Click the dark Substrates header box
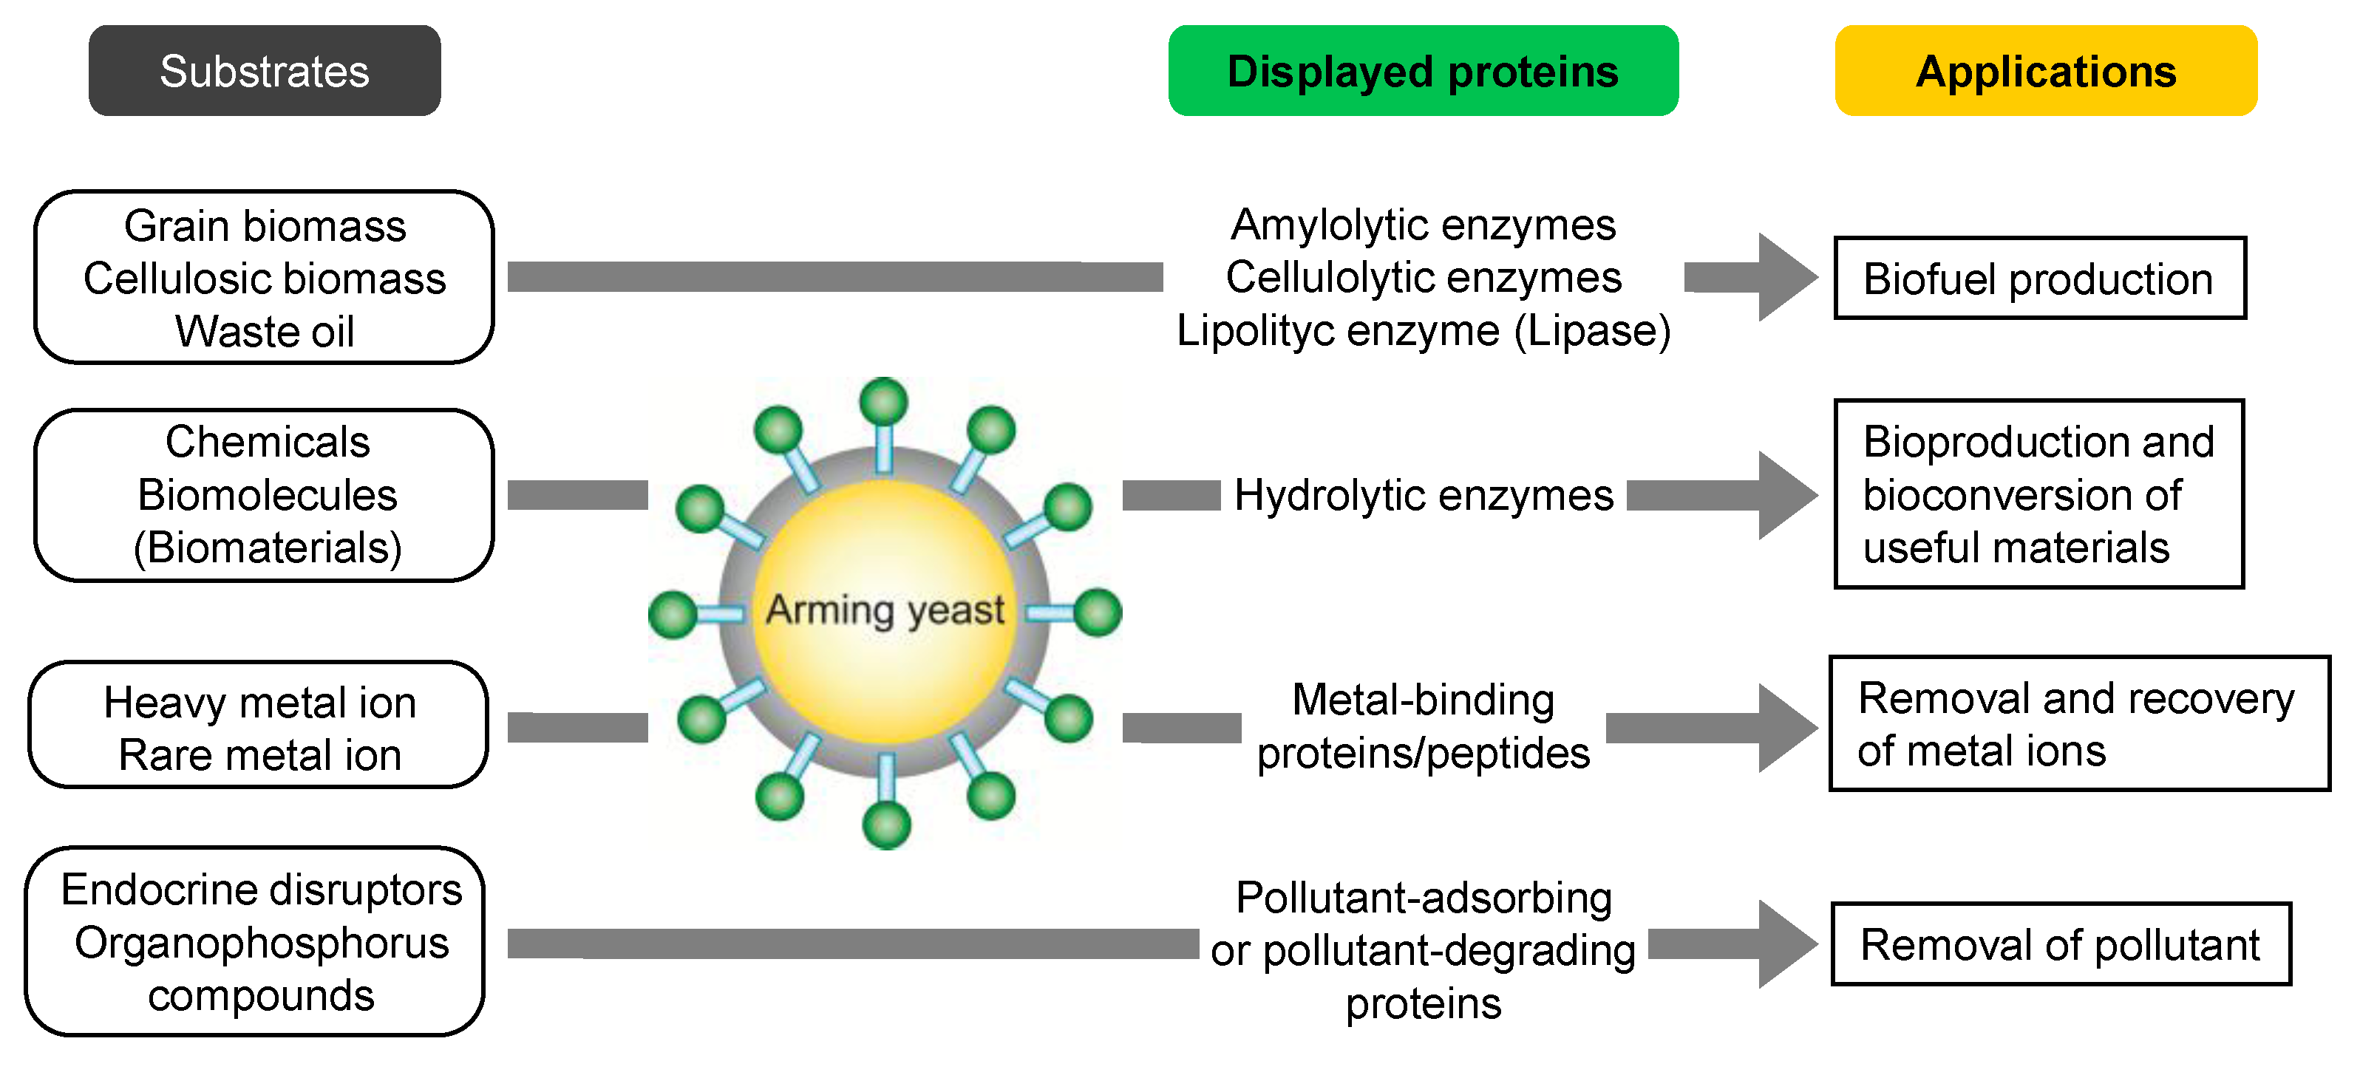[x=264, y=70]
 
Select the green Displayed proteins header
[x=1422, y=70]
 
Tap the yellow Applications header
[x=2045, y=70]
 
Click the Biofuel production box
[x=2038, y=279]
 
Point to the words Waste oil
[x=264, y=332]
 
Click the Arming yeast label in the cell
[x=885, y=610]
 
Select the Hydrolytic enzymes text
[x=1423, y=496]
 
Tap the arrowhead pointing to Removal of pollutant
[x=1786, y=944]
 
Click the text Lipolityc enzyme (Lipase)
[x=1423, y=330]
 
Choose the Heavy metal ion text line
[x=260, y=703]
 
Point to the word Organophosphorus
[x=262, y=943]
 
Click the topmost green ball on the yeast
[x=884, y=401]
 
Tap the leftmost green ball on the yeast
[x=673, y=614]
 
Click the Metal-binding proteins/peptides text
[x=1423, y=726]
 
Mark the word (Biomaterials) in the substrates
[x=268, y=547]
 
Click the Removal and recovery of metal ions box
[x=2078, y=723]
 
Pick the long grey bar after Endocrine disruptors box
[x=852, y=944]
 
